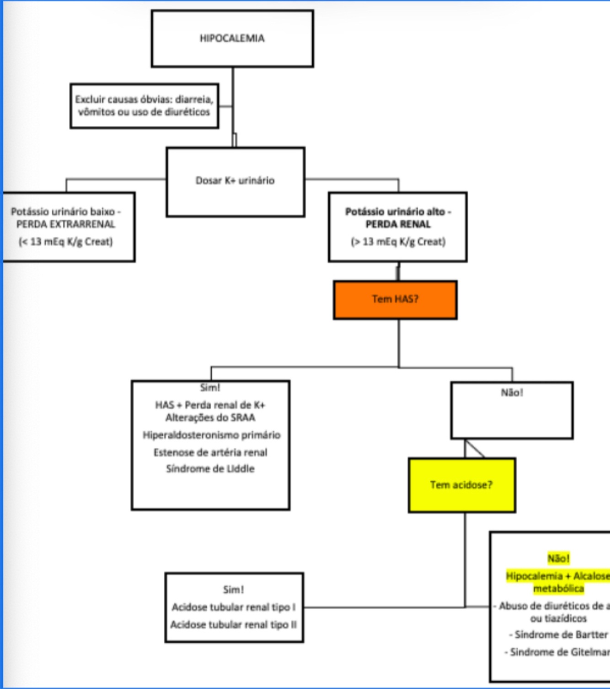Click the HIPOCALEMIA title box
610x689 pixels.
click(x=232, y=39)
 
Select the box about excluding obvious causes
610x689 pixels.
click(x=144, y=106)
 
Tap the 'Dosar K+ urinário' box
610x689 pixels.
click(x=235, y=181)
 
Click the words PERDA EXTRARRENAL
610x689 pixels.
click(x=66, y=224)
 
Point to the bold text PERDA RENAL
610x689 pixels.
click(x=398, y=224)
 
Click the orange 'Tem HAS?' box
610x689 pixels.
click(x=395, y=299)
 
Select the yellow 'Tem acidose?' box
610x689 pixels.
click(x=461, y=485)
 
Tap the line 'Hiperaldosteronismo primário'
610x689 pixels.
click(x=211, y=435)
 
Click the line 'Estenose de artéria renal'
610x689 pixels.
click(x=210, y=452)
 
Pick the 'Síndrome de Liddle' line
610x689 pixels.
click(x=210, y=469)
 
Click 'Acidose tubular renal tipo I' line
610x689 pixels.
click(x=234, y=607)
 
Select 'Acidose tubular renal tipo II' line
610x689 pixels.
click(x=234, y=625)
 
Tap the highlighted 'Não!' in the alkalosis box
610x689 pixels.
click(x=558, y=558)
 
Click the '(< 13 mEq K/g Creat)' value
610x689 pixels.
click(x=66, y=241)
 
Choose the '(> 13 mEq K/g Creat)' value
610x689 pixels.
click(x=398, y=241)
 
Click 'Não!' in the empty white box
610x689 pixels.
click(x=512, y=393)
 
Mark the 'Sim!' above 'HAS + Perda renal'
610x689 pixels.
click(x=210, y=388)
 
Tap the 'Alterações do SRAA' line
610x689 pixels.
click(x=210, y=417)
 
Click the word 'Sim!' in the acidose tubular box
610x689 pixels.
click(x=233, y=590)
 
